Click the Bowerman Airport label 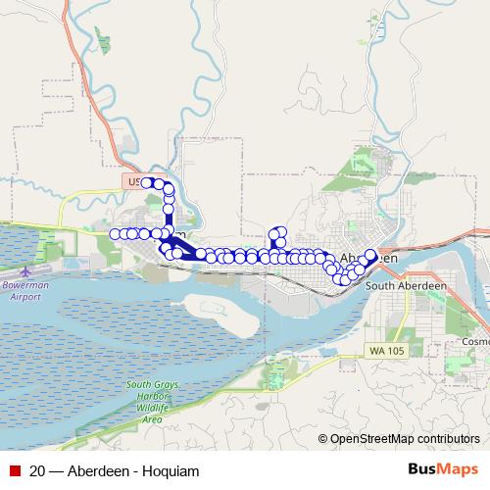tap(27, 290)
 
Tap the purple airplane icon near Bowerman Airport tap(24, 269)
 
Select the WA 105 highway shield tap(389, 350)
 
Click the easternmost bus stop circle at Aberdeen tap(371, 257)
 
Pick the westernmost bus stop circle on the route tap(116, 233)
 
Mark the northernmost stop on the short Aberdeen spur tap(278, 231)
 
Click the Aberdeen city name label tap(370, 258)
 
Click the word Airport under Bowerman tap(27, 296)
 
